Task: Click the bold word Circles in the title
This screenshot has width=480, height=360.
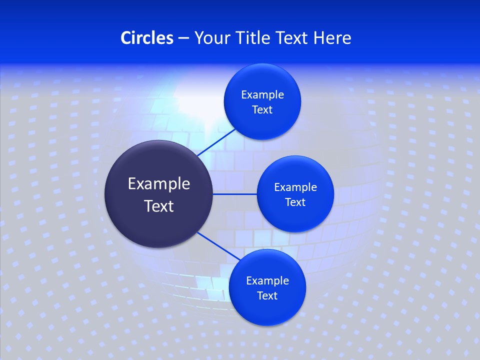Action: [x=147, y=38]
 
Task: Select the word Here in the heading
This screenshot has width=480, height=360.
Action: [x=332, y=38]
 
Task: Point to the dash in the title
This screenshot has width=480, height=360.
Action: [x=183, y=38]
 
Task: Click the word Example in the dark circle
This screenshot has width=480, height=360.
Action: [x=159, y=184]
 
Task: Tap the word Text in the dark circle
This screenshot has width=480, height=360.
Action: [x=159, y=206]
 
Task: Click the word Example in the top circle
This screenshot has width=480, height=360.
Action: [x=262, y=95]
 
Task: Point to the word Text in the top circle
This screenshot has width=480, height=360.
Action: [x=262, y=110]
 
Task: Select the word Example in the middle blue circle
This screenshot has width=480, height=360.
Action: [x=295, y=187]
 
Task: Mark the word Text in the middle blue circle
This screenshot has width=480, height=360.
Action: [x=295, y=202]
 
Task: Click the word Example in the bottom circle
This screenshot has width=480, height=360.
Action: [x=267, y=281]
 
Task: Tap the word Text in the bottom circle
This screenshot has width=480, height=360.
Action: [x=267, y=296]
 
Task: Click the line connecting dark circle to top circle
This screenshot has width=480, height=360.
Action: [x=216, y=142]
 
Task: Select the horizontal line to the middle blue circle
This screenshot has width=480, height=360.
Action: [x=234, y=194]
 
